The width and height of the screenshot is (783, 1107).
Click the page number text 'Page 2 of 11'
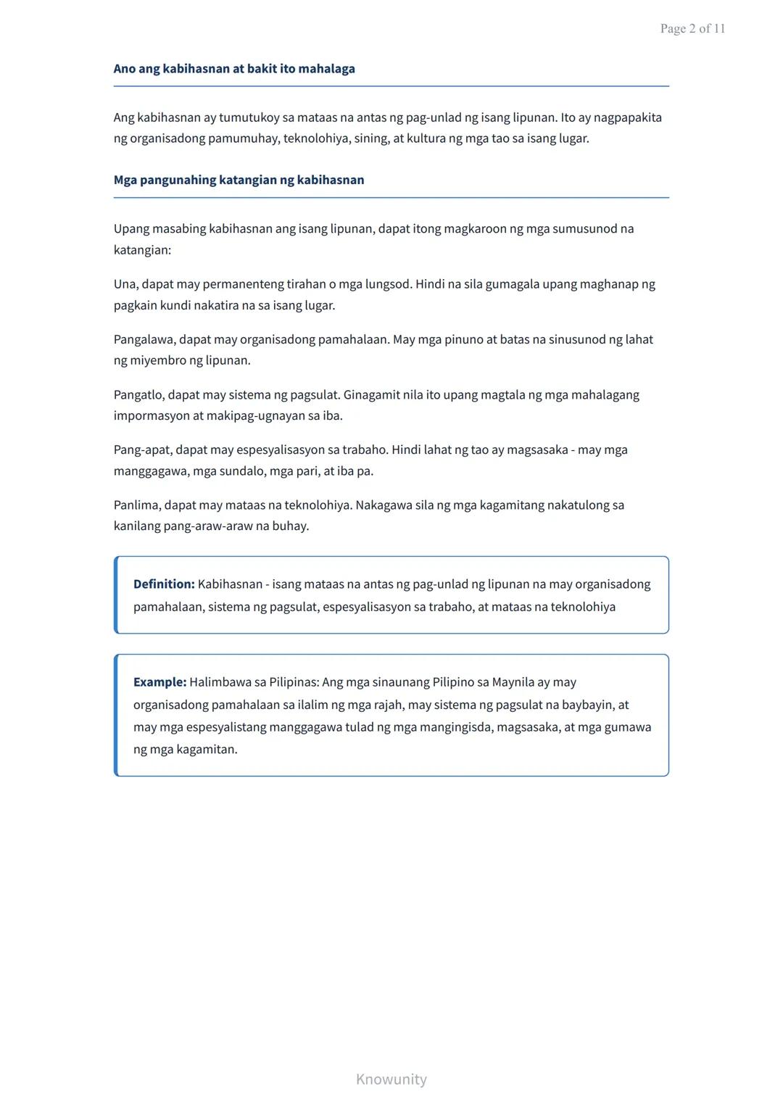click(x=692, y=29)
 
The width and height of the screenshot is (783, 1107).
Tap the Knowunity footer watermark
click(x=391, y=1079)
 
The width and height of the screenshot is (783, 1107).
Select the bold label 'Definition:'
click(x=164, y=584)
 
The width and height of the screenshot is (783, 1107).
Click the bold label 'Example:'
click(x=159, y=682)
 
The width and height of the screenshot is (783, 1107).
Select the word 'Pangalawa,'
click(x=144, y=339)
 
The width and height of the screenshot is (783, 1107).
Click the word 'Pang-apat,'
click(x=143, y=450)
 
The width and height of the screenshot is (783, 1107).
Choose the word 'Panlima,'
click(x=137, y=505)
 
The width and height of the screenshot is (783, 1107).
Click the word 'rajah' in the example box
click(x=388, y=705)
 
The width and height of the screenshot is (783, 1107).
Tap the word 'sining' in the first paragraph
click(x=370, y=138)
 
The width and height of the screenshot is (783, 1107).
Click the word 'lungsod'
click(x=386, y=284)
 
